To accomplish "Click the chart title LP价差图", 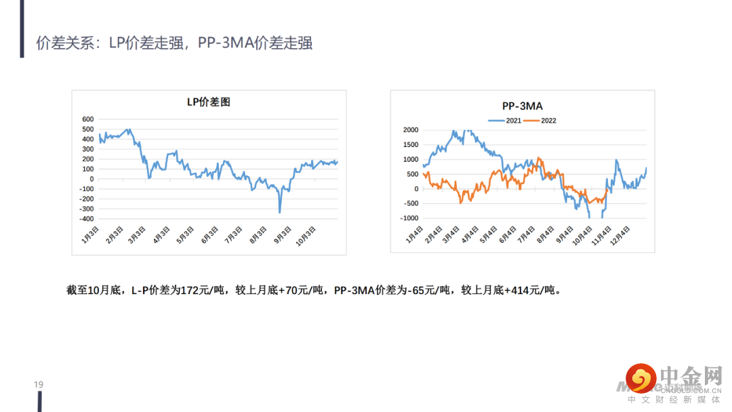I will [x=209, y=102].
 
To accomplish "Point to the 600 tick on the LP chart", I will [x=87, y=119].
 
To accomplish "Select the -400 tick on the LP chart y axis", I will [x=86, y=219].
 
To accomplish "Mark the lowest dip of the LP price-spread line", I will [x=280, y=212].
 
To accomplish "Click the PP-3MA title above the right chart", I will [x=522, y=106].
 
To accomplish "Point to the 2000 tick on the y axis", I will [x=410, y=130].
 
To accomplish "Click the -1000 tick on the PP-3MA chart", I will [x=409, y=218].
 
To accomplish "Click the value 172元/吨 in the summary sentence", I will [x=197, y=291].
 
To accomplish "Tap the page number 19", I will [x=39, y=385].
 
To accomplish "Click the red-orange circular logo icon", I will [x=640, y=378].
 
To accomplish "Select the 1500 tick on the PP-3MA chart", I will [x=410, y=145].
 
